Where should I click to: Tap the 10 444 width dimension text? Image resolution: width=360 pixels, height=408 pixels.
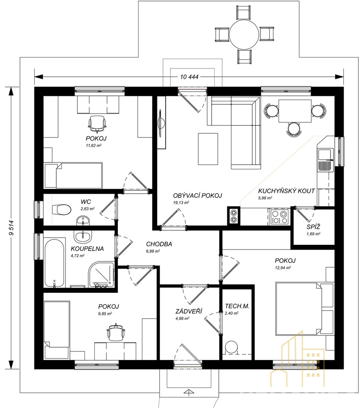pos(189,77)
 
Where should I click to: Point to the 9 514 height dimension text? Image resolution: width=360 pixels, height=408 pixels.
pos(11,228)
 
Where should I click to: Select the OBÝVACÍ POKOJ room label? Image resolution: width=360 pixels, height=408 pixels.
pos(197,195)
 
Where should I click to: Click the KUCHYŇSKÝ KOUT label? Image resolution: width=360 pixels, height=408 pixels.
pos(286,191)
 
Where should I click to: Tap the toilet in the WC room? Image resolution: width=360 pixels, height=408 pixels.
pos(62,209)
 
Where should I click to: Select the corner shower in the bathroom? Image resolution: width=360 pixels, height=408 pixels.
pos(102,275)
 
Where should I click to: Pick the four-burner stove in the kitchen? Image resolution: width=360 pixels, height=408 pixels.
pos(279,217)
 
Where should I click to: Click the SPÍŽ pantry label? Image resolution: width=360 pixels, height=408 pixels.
pos(313,227)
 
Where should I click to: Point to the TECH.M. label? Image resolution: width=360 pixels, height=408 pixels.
pos(237,306)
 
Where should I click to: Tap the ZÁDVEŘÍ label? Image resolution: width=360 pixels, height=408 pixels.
pos(189,311)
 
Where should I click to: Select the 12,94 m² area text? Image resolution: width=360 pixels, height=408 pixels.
pos(283,267)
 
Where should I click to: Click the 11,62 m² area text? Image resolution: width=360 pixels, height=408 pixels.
pos(94,145)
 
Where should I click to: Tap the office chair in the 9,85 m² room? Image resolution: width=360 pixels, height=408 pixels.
pos(116,332)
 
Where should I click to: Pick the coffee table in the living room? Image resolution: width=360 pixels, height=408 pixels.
pos(208,149)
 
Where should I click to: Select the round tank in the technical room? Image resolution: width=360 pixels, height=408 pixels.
pos(231,347)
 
